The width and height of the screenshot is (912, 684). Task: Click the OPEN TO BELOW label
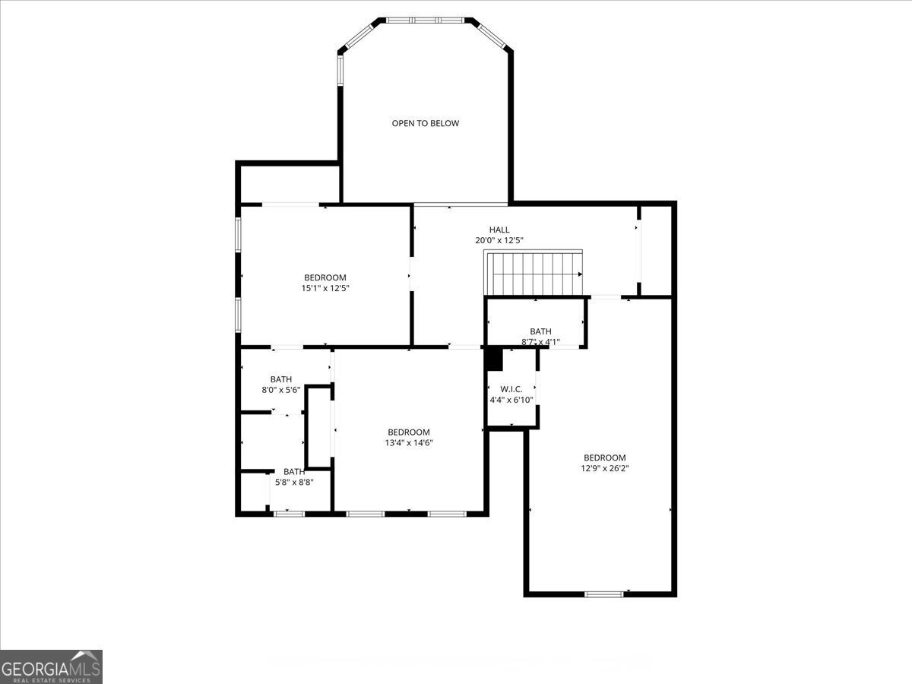click(425, 123)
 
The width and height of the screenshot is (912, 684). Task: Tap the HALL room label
click(499, 230)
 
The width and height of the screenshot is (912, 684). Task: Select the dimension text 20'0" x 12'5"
click(499, 240)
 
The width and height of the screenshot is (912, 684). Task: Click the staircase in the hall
click(534, 273)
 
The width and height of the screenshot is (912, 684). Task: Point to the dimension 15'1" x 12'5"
click(325, 288)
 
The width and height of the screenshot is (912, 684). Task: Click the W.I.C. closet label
click(511, 389)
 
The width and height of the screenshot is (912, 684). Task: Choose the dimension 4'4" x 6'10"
click(511, 400)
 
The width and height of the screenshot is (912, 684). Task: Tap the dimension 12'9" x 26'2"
click(604, 468)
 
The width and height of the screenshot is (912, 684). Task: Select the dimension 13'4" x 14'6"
click(409, 443)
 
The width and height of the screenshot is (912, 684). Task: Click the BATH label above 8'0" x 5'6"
click(281, 379)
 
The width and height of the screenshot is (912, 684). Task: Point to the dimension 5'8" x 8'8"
click(294, 483)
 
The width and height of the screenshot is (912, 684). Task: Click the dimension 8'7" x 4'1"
click(540, 342)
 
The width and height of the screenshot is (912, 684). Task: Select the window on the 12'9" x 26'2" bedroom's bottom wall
click(603, 594)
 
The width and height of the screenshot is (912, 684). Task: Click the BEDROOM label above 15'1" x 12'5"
click(325, 277)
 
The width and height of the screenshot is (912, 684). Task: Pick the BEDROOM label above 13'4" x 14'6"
click(409, 432)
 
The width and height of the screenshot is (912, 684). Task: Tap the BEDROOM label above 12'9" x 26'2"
click(604, 458)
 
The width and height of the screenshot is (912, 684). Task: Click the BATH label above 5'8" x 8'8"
click(294, 472)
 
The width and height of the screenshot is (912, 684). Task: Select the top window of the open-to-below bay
click(425, 20)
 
